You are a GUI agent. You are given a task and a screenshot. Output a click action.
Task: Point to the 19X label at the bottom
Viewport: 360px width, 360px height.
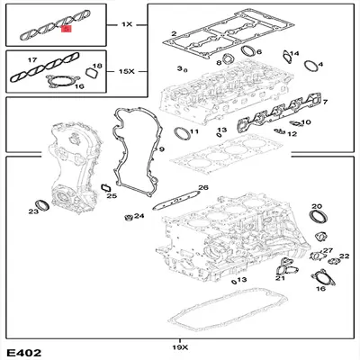pyautogui.click(x=179, y=346)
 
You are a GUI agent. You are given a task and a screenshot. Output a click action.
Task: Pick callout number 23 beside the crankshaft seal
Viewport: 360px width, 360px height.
pyautogui.click(x=33, y=212)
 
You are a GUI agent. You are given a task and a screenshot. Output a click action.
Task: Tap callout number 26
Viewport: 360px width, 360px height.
pyautogui.click(x=203, y=188)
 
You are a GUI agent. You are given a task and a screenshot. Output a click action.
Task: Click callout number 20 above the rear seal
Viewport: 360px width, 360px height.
pyautogui.click(x=315, y=210)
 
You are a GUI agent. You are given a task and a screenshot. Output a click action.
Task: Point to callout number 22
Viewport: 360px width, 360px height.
pyautogui.click(x=343, y=256)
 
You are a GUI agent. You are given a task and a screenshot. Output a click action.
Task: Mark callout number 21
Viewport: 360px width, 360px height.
pyautogui.click(x=280, y=279)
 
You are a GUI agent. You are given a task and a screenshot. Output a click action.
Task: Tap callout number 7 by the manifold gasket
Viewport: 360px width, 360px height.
pyautogui.click(x=324, y=103)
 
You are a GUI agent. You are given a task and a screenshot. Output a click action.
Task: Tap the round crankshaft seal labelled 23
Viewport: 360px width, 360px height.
pyautogui.click(x=41, y=201)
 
